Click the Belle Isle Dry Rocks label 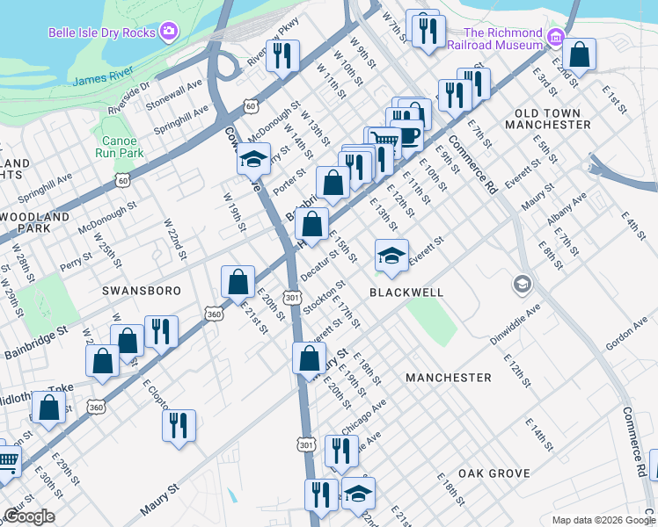(x=101, y=33)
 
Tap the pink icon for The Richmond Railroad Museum (x=555, y=37)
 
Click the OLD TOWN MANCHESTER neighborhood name (x=548, y=119)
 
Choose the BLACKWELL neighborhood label (x=406, y=292)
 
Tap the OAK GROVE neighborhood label (x=493, y=473)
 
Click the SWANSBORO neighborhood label (x=141, y=291)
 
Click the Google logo (x=28, y=516)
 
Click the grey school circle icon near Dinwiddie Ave (x=522, y=285)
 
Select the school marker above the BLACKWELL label (x=391, y=256)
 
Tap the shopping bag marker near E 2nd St (x=580, y=54)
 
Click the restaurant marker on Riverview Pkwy (x=283, y=56)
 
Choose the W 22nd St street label (x=172, y=235)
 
